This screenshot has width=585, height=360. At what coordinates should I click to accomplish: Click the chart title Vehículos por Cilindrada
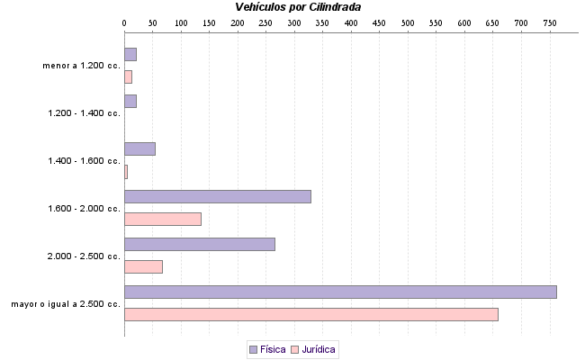coord(298,7)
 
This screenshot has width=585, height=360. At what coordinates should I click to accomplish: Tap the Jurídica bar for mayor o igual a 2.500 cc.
coord(310,314)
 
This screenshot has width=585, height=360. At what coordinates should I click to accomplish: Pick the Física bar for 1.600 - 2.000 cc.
coord(218,196)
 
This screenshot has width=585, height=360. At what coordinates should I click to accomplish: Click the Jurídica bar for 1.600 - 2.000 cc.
coord(163,219)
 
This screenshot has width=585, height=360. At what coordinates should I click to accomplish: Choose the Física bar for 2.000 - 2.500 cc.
coord(200,244)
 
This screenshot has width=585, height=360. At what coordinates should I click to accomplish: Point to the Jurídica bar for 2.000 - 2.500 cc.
coord(143,266)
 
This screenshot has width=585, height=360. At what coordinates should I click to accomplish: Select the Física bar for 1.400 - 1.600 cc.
coord(139,148)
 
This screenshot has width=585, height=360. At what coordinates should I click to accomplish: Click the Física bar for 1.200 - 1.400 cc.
coord(130,101)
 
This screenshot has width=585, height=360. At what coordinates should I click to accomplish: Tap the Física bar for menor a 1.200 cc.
coord(130,54)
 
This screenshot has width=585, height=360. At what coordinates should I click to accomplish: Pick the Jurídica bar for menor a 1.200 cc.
coord(128,76)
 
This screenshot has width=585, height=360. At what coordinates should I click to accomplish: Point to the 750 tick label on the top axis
coord(550,22)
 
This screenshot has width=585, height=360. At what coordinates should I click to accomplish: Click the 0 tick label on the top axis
coord(124,22)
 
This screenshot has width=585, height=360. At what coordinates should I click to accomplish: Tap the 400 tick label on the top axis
coord(351,22)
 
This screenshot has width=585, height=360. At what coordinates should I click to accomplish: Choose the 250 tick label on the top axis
coord(265,22)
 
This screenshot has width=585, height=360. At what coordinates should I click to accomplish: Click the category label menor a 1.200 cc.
coord(81,66)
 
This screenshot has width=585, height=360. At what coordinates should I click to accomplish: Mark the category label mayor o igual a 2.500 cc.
coord(66,304)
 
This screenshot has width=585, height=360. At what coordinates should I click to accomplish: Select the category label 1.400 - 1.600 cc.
coord(84,161)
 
